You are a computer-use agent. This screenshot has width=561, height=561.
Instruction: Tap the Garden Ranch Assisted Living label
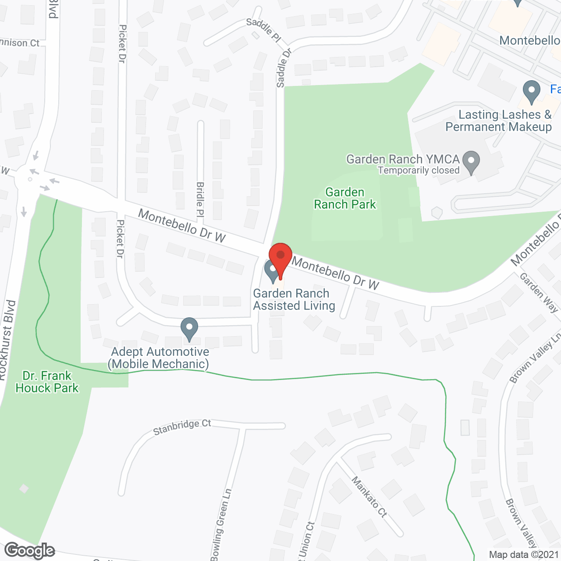[294, 300]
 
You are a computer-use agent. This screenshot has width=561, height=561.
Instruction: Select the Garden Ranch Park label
[345, 199]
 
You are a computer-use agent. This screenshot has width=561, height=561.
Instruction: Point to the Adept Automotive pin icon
[189, 328]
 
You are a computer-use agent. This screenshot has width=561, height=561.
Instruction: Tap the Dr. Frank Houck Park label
[47, 382]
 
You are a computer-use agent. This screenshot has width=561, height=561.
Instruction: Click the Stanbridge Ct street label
[182, 426]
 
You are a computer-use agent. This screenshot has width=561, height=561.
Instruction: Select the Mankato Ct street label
[369, 497]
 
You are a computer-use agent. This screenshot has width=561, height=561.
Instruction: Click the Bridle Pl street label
[200, 200]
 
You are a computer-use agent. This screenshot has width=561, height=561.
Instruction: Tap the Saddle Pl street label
[263, 29]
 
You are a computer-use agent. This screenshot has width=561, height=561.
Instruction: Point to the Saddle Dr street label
[284, 68]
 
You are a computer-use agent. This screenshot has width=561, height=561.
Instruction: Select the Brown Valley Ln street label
[535, 357]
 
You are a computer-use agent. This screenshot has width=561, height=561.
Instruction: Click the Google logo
[30, 550]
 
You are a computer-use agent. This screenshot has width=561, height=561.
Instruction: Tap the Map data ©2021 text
[524, 555]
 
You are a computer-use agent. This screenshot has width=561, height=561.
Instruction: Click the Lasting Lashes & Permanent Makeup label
[499, 121]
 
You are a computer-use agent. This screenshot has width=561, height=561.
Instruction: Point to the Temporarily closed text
[419, 170]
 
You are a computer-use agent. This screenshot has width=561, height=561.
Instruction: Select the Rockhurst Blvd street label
[7, 340]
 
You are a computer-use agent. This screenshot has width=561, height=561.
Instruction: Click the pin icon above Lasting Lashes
[531, 92]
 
